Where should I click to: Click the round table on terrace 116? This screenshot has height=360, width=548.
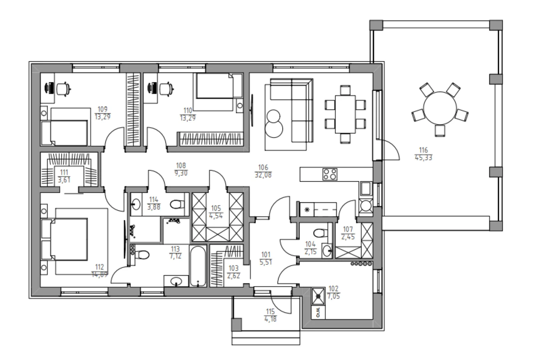pyautogui.click(x=440, y=108)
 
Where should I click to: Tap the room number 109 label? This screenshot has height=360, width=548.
pyautogui.click(x=102, y=109)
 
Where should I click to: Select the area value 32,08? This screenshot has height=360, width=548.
pyautogui.click(x=263, y=175)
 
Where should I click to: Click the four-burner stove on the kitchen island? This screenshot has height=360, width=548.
pyautogui.click(x=330, y=174)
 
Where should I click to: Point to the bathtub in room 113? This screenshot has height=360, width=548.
pyautogui.click(x=198, y=266)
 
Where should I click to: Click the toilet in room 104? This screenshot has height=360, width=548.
pyautogui.click(x=321, y=233)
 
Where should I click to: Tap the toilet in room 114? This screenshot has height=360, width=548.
pyautogui.click(x=177, y=204)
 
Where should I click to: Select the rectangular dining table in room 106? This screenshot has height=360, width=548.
pyautogui.click(x=345, y=114)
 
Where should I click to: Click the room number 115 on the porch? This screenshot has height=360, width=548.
pyautogui.click(x=270, y=312)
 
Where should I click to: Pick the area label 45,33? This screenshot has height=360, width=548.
pyautogui.click(x=424, y=157)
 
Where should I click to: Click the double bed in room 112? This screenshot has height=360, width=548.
pyautogui.click(x=69, y=239)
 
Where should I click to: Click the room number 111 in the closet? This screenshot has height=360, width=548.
pyautogui.click(x=64, y=172)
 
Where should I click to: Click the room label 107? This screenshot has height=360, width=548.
pyautogui.click(x=348, y=229)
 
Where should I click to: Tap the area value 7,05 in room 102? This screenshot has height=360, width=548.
pyautogui.click(x=334, y=296)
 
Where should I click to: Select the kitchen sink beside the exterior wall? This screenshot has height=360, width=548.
pyautogui.click(x=366, y=189)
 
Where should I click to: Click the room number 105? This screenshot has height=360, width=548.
pyautogui.click(x=216, y=208)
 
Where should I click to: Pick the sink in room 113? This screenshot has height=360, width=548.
pyautogui.click(x=176, y=281)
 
